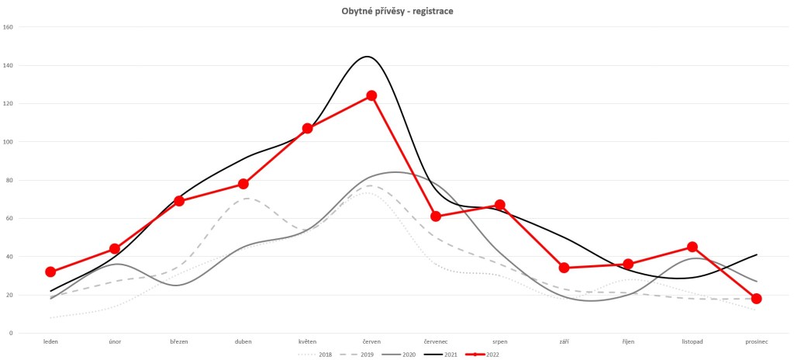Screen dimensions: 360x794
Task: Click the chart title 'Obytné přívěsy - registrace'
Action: pyautogui.click(x=396, y=11)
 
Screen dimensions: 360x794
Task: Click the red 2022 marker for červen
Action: pyautogui.click(x=371, y=95)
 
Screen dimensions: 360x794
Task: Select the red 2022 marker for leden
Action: pyautogui.click(x=50, y=272)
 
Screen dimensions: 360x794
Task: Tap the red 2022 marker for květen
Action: pyautogui.click(x=307, y=128)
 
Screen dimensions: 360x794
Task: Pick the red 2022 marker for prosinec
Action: pyautogui.click(x=756, y=299)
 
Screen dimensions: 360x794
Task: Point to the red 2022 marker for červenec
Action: pyautogui.click(x=436, y=216)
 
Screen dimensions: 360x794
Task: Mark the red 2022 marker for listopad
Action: pyautogui.click(x=692, y=247)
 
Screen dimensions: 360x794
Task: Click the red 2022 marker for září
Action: pyautogui.click(x=564, y=268)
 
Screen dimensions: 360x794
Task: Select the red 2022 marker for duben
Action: pyautogui.click(x=243, y=184)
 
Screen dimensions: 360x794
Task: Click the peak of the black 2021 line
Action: pyautogui.click(x=367, y=57)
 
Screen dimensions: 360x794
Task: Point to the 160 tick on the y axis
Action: pyautogui.click(x=9, y=27)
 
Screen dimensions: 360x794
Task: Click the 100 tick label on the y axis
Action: pyautogui.click(x=9, y=142)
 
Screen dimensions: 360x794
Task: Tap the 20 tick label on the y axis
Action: pyautogui.click(x=10, y=295)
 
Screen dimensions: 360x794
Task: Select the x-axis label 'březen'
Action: pyautogui.click(x=179, y=341)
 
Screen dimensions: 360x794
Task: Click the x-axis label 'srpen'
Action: pyautogui.click(x=499, y=341)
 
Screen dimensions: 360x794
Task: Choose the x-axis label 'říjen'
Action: pyautogui.click(x=628, y=341)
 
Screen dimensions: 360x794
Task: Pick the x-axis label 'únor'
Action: pyautogui.click(x=115, y=341)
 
